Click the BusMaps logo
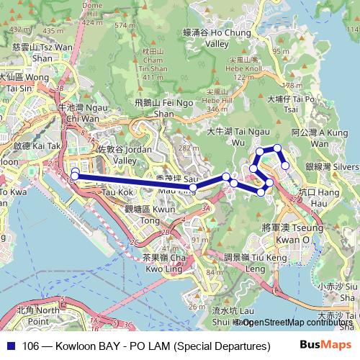pos(324,345)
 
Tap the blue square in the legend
pos(10,346)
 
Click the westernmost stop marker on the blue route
pos(74,174)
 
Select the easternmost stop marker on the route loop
pos(286,165)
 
